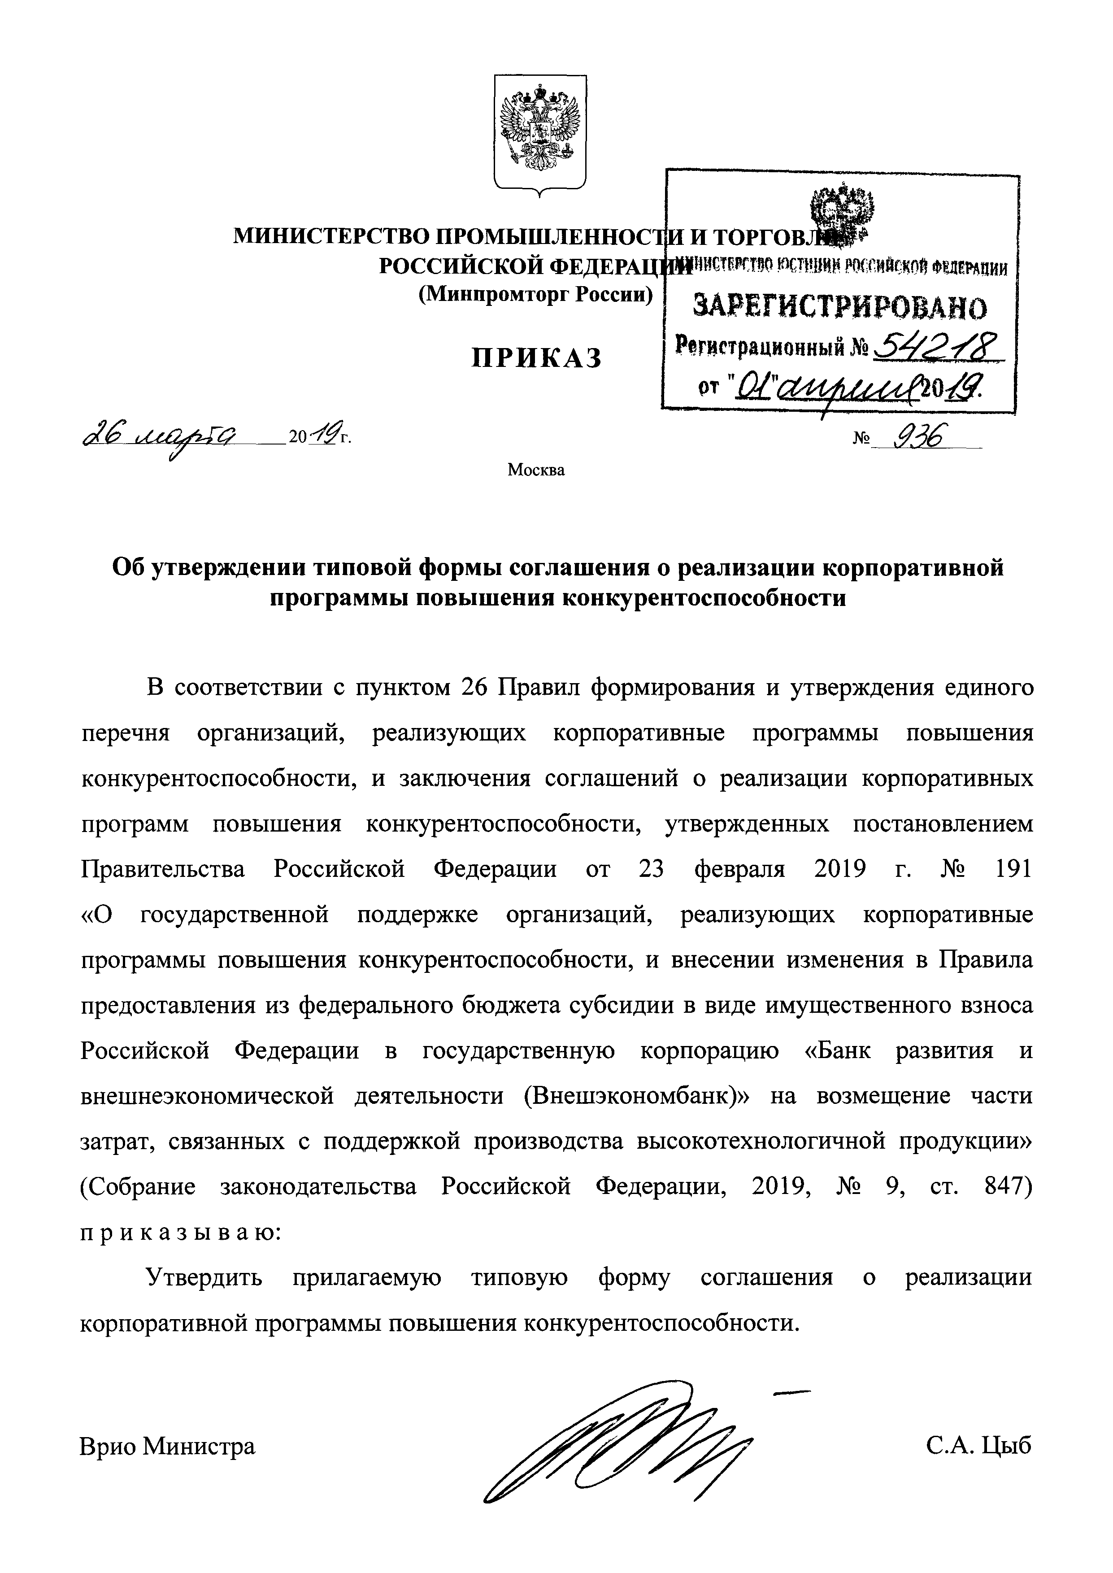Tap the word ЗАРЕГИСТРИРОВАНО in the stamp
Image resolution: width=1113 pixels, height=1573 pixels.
[840, 308]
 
